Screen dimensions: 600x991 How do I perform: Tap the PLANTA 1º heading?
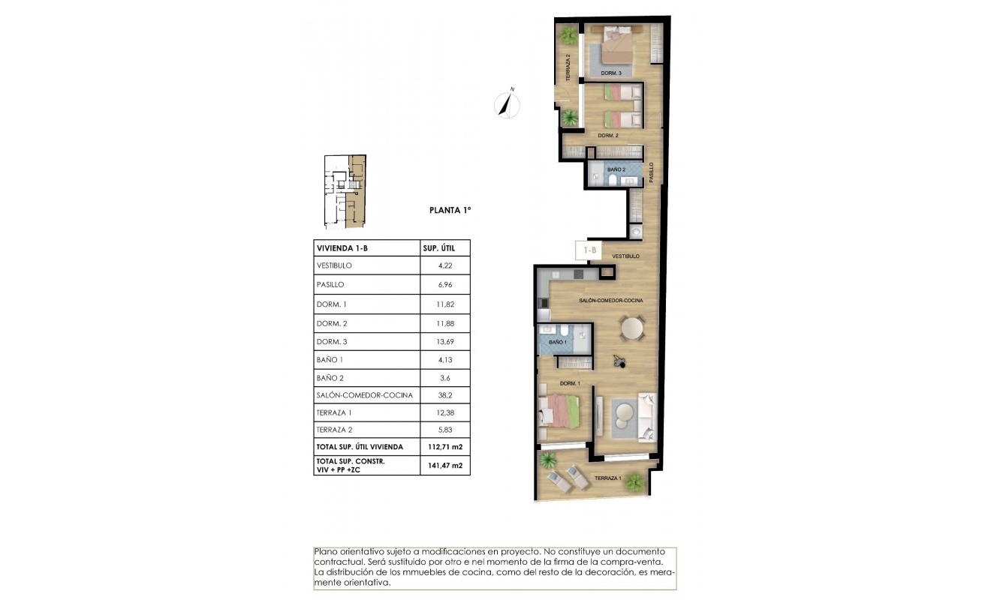click(x=450, y=211)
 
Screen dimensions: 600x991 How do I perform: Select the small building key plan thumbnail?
click(x=345, y=191)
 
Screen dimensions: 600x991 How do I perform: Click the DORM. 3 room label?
click(x=611, y=73)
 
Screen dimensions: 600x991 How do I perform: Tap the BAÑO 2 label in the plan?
click(x=616, y=170)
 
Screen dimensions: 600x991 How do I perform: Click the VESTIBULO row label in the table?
click(x=335, y=265)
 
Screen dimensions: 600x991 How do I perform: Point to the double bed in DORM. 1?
click(x=559, y=411)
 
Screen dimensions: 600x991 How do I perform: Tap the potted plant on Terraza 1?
click(x=634, y=480)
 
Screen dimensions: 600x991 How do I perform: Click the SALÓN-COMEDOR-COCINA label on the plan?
click(x=610, y=300)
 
